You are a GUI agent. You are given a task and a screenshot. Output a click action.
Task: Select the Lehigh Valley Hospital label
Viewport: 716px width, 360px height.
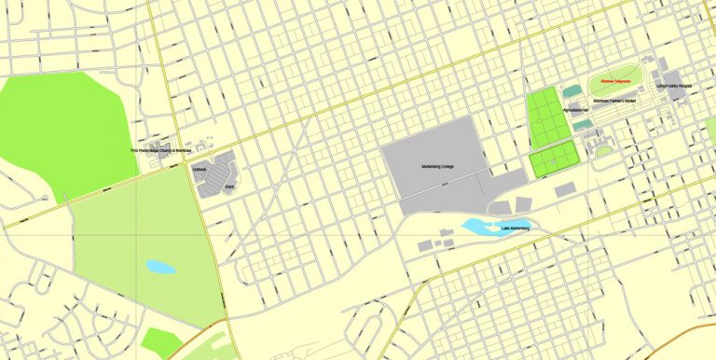pos(675,86)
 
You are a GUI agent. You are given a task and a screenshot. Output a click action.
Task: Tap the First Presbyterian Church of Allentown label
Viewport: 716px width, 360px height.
pos(160,150)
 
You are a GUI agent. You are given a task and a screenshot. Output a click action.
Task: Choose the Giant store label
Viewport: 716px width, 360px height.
pos(228,187)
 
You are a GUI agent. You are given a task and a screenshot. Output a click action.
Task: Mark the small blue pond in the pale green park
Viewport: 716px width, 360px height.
pos(159,267)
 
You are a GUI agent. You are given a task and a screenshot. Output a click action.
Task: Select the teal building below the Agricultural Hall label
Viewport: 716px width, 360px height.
pos(581,125)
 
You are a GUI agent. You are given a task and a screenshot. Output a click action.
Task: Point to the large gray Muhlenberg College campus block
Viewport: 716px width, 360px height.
pos(434,159)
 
